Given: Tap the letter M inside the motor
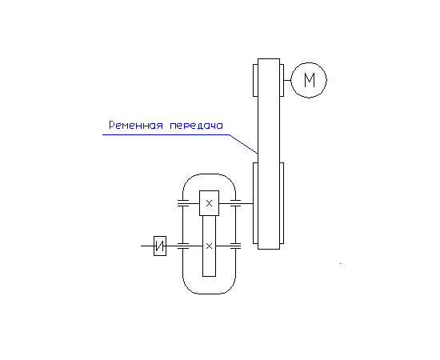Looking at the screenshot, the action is pyautogui.click(x=310, y=80).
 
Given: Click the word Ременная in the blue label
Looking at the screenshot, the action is pyautogui.click(x=136, y=125).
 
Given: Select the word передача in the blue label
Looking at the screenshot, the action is pyautogui.click(x=197, y=126).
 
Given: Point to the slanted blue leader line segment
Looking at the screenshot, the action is pyautogui.click(x=243, y=144).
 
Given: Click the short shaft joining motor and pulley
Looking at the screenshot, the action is pyautogui.click(x=287, y=80).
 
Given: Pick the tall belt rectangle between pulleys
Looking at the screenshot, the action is pyautogui.click(x=258, y=154).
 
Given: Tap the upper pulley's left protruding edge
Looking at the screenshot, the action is pyautogui.click(x=255, y=80).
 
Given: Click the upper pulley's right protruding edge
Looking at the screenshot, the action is pyautogui.click(x=282, y=80).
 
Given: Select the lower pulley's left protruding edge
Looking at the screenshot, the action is pyautogui.click(x=255, y=203).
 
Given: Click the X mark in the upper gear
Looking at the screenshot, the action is pyautogui.click(x=209, y=203).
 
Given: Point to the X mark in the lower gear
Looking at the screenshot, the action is pyautogui.click(x=209, y=246).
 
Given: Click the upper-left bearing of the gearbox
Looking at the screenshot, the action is pyautogui.click(x=183, y=203).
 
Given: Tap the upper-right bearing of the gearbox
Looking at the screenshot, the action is pyautogui.click(x=235, y=203).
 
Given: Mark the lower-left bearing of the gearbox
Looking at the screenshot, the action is pyautogui.click(x=183, y=246).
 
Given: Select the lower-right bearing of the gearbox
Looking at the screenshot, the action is pyautogui.click(x=235, y=246).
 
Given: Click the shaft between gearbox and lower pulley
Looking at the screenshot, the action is pyautogui.click(x=247, y=203).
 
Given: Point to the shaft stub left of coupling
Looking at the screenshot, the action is pyautogui.click(x=147, y=246).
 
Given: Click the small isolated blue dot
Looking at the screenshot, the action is pyautogui.click(x=340, y=263).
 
